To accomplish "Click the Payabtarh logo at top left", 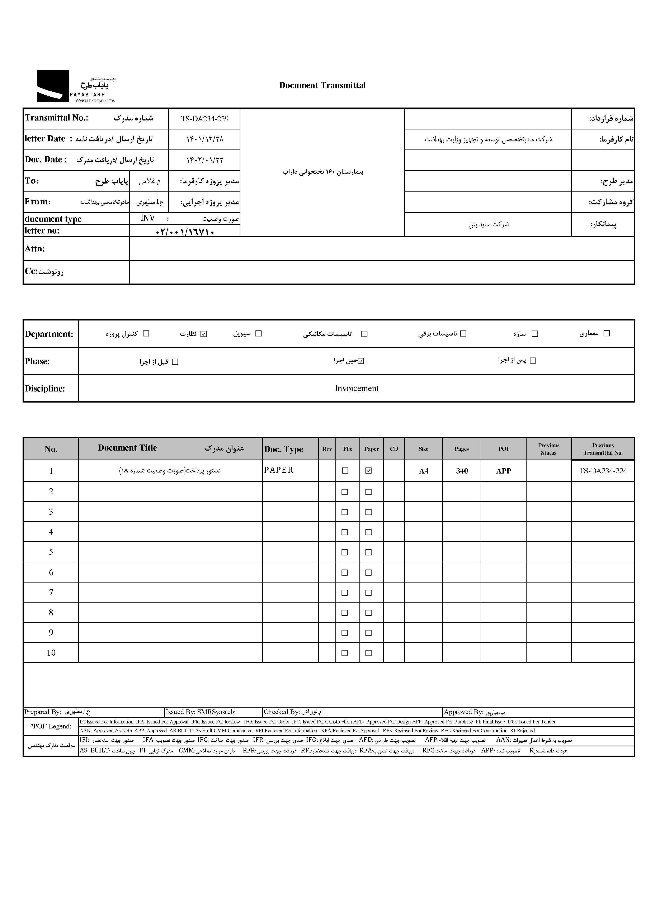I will [x=76, y=86].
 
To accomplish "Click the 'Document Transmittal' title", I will [x=322, y=85].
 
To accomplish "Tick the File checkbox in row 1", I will [x=345, y=470].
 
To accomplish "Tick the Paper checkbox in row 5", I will [x=368, y=552].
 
